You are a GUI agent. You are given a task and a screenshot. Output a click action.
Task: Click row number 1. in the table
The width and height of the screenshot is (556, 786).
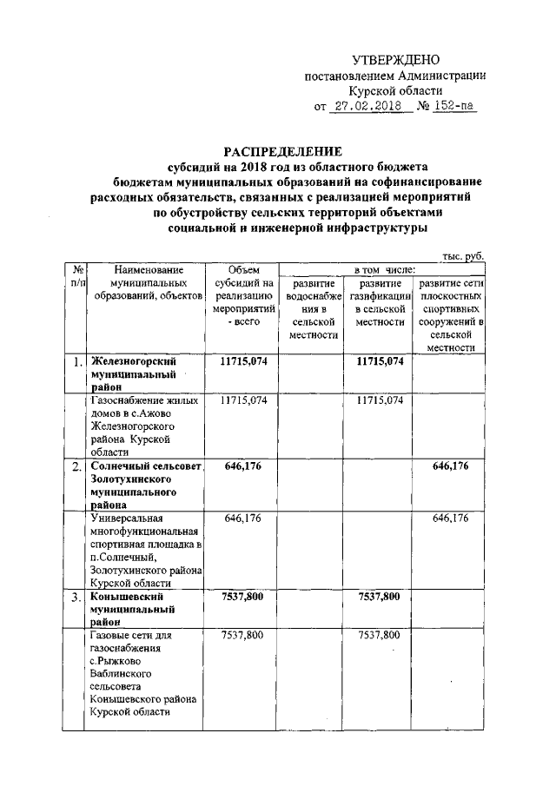point(77,362)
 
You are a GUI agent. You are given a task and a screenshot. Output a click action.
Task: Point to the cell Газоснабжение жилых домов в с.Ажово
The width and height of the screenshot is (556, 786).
point(144,426)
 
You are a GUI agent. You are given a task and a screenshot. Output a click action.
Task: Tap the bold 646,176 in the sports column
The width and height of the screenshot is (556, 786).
point(449,466)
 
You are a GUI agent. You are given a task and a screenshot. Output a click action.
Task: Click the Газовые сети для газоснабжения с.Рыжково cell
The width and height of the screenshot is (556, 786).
point(144,674)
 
